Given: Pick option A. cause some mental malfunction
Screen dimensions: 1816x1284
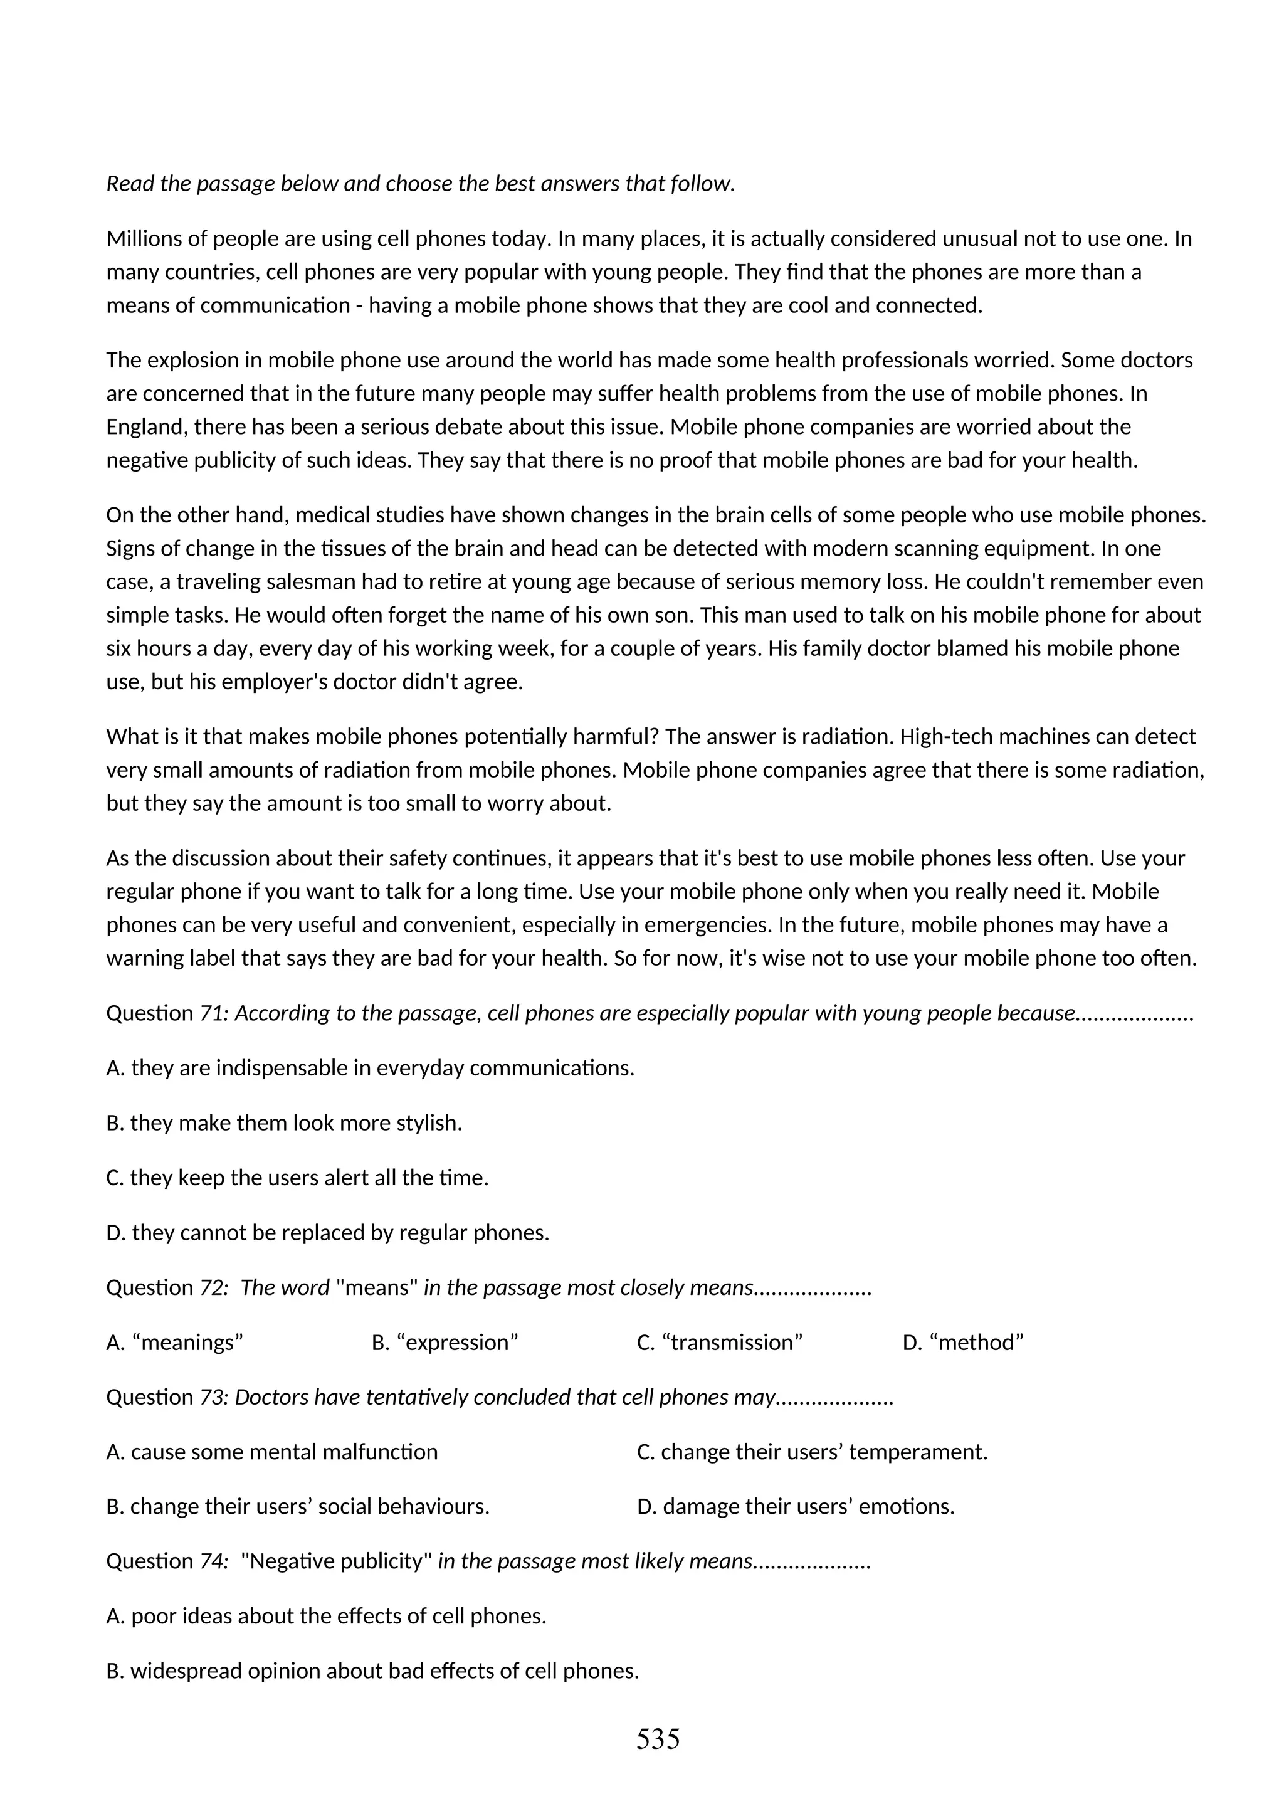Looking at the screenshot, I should pos(272,1452).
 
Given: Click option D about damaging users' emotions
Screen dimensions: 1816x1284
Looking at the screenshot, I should pos(796,1506).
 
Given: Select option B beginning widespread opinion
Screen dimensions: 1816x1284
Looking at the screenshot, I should pos(372,1671).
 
